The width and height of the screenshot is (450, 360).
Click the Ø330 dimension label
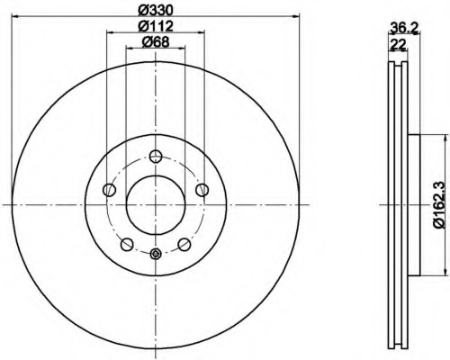[155, 9]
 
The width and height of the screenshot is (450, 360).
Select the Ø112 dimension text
[155, 25]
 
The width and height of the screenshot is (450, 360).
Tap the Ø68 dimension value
[155, 43]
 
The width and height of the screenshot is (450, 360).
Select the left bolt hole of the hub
[109, 188]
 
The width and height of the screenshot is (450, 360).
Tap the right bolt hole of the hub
[202, 188]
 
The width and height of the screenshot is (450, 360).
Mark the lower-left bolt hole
[127, 244]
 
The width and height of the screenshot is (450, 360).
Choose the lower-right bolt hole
[184, 244]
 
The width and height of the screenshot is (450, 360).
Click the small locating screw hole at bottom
[155, 254]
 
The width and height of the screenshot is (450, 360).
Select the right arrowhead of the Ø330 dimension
[294, 16]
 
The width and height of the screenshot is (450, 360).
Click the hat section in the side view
[413, 204]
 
